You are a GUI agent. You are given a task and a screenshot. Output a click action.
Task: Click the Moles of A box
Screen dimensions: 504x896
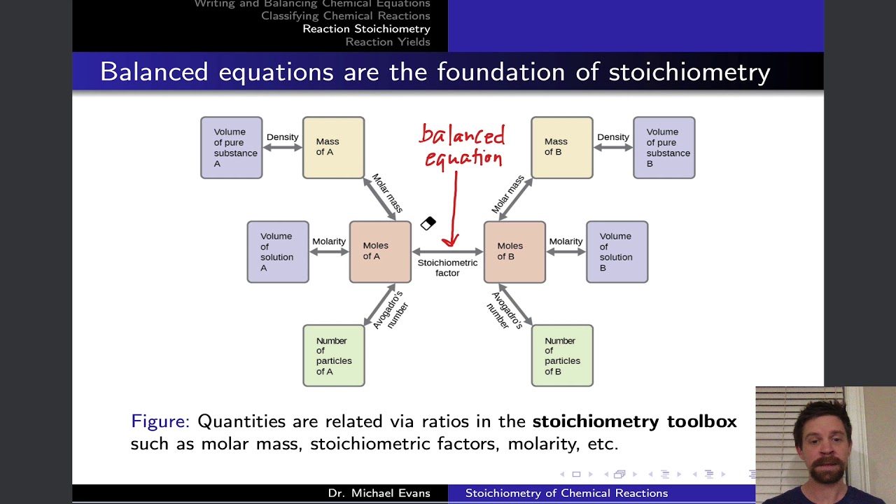[x=380, y=252]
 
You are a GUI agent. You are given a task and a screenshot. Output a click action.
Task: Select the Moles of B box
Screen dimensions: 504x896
[x=514, y=252]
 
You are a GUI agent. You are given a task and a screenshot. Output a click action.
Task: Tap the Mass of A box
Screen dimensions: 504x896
[x=333, y=148]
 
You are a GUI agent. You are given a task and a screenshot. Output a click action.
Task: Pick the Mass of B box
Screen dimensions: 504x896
[x=561, y=148]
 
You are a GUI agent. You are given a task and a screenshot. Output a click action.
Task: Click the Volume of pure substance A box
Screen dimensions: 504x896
[x=232, y=148]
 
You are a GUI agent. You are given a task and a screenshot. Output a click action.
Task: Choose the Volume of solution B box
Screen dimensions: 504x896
[x=617, y=252]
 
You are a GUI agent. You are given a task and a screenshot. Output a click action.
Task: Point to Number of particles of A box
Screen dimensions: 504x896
[x=333, y=356]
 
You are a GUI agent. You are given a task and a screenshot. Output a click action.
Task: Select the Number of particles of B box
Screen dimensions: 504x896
[x=561, y=356]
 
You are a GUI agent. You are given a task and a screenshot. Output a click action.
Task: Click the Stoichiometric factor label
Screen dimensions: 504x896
[x=447, y=267]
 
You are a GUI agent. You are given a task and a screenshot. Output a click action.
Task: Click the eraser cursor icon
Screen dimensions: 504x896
[x=428, y=223]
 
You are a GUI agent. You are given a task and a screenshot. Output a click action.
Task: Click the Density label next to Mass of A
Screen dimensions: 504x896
[x=282, y=137]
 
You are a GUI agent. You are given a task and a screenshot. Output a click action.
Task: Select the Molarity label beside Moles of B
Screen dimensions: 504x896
[x=566, y=241]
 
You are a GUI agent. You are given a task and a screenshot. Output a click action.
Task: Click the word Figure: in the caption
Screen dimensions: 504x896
[x=160, y=421]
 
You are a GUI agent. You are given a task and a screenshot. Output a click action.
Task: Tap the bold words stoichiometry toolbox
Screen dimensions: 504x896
[x=634, y=421]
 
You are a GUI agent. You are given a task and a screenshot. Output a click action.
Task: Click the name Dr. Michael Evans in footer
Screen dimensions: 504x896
[x=379, y=493]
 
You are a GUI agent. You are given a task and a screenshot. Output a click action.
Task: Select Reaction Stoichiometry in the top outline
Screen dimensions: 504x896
[x=366, y=29]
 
